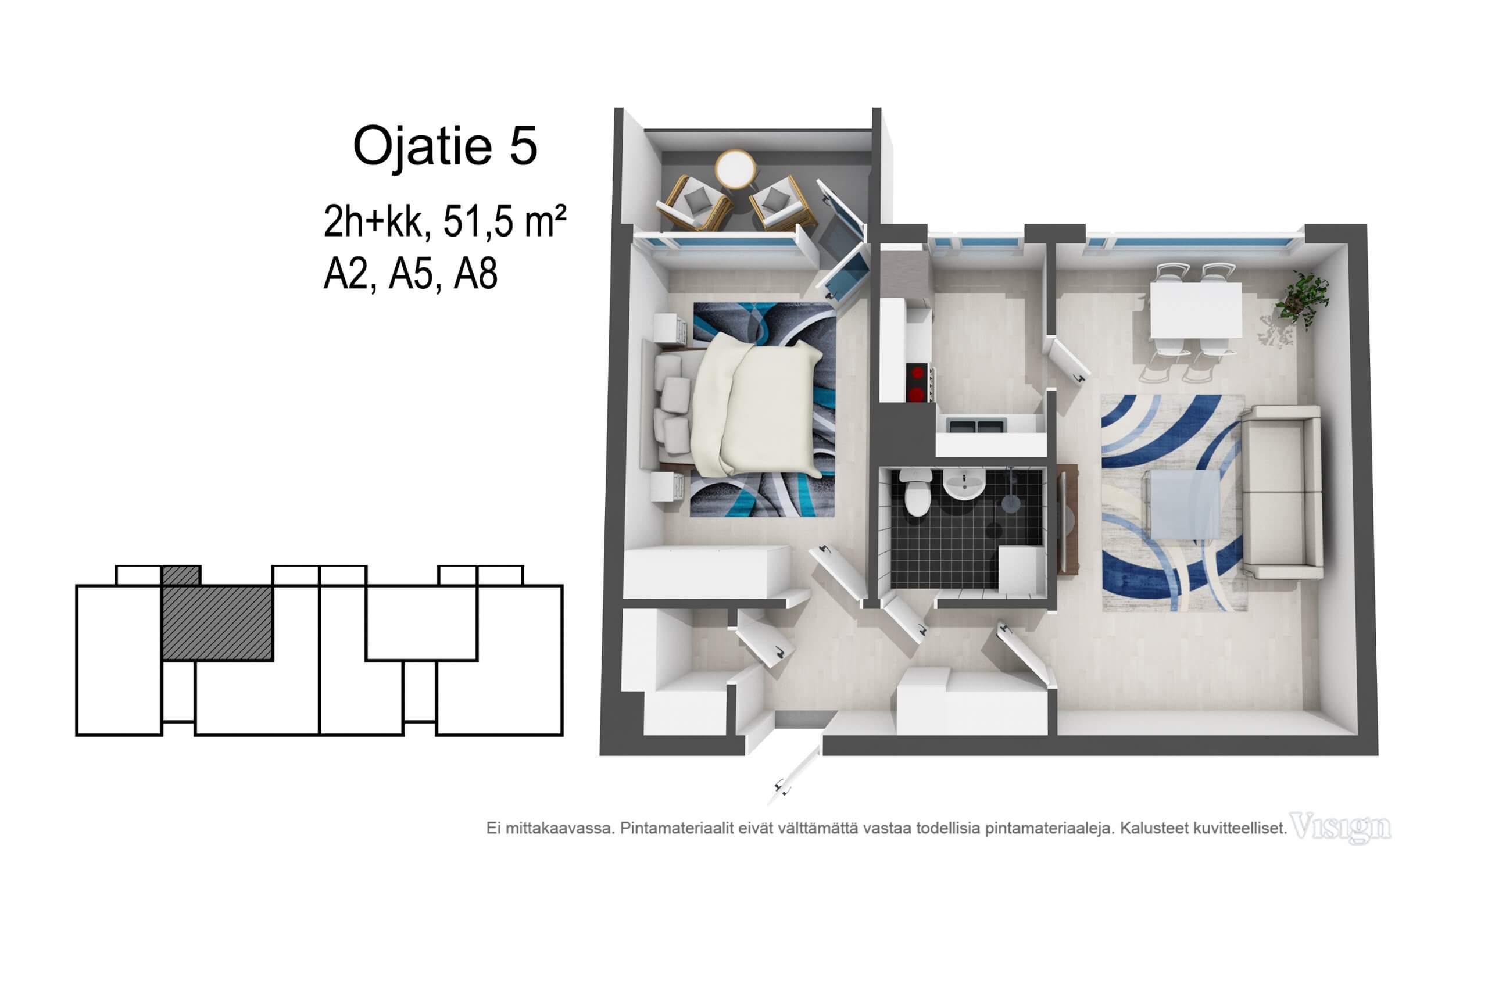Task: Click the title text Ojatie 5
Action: [x=445, y=146]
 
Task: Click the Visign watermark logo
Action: [x=1340, y=828]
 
